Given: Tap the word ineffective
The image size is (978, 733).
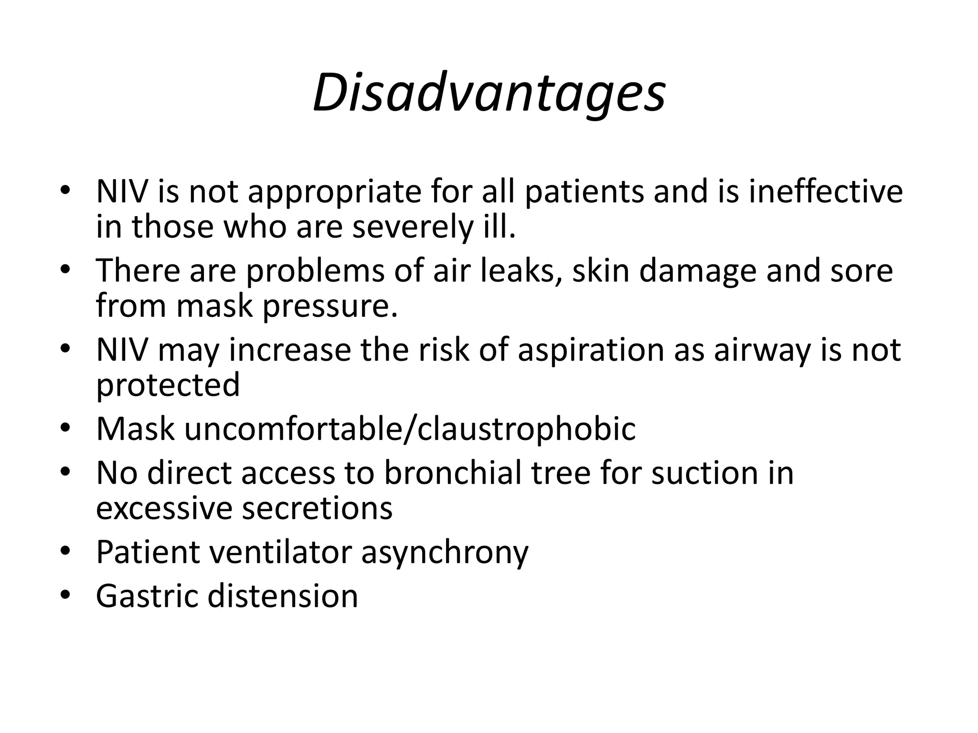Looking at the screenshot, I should pos(826,192).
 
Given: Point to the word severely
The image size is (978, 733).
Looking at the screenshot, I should pos(412,227).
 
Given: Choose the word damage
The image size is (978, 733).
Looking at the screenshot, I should pos(698,271).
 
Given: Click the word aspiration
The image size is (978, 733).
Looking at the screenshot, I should pos(591,350).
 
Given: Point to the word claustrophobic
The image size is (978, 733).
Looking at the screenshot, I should pos(526,429).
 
